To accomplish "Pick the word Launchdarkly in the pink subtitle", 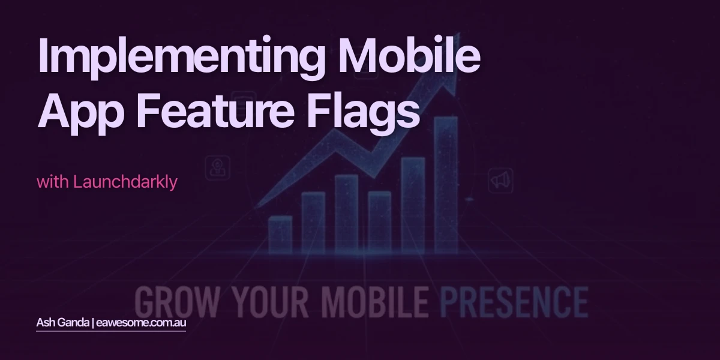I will pyautogui.click(x=125, y=182).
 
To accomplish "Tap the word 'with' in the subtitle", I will pyautogui.click(x=53, y=182).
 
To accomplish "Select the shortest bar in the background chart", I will pyautogui.click(x=280, y=234).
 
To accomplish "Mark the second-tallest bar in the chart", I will pyautogui.click(x=413, y=204).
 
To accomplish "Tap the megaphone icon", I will pyautogui.click(x=500, y=179).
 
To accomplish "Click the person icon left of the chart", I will pyautogui.click(x=217, y=169).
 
